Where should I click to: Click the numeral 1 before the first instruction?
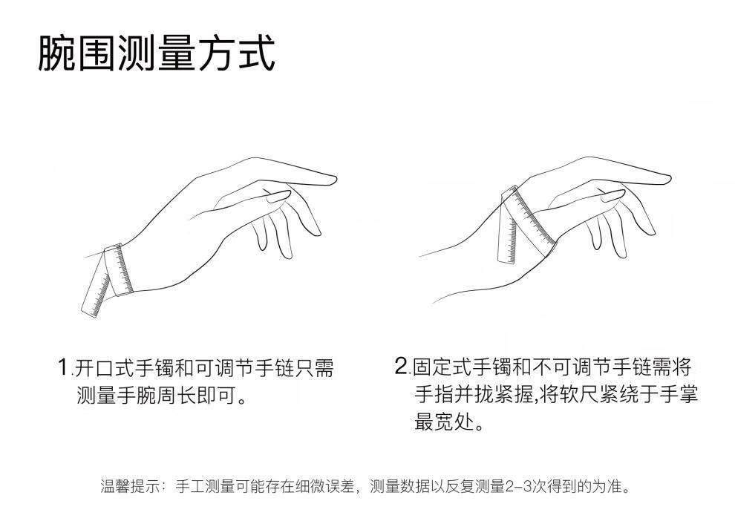(63, 367)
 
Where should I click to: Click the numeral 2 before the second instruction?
(401, 366)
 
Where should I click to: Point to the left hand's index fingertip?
(334, 180)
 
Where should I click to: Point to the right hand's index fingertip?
(667, 179)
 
